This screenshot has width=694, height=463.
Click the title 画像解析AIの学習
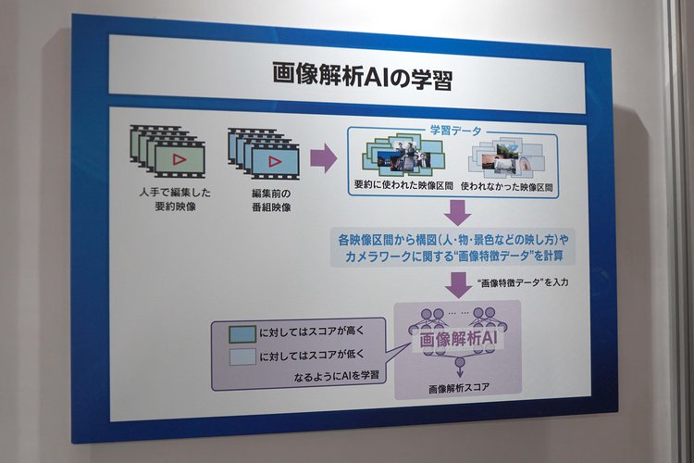point(362,77)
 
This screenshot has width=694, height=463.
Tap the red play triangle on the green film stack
point(179,159)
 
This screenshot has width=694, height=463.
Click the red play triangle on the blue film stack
point(275,161)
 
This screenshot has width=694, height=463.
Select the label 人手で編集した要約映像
point(175,199)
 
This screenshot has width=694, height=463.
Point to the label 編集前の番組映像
point(271,200)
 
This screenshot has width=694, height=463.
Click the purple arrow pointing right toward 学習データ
point(324,158)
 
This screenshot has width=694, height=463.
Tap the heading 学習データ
point(455,131)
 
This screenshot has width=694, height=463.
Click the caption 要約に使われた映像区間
point(403,185)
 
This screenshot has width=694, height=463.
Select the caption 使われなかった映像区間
point(507,187)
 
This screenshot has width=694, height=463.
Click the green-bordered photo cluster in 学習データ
point(403,155)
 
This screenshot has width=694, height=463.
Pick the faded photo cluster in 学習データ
point(506,157)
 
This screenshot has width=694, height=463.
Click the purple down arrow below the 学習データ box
point(457,213)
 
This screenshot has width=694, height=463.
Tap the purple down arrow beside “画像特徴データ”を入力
point(458,285)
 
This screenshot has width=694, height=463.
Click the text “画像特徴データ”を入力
point(523,282)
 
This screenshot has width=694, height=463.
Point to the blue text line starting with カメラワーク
point(454,257)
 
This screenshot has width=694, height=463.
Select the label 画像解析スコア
point(459,388)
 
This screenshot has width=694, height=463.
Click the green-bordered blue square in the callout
point(242,334)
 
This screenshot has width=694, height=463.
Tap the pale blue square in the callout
point(242,357)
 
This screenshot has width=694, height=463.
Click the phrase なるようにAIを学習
point(337,376)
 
